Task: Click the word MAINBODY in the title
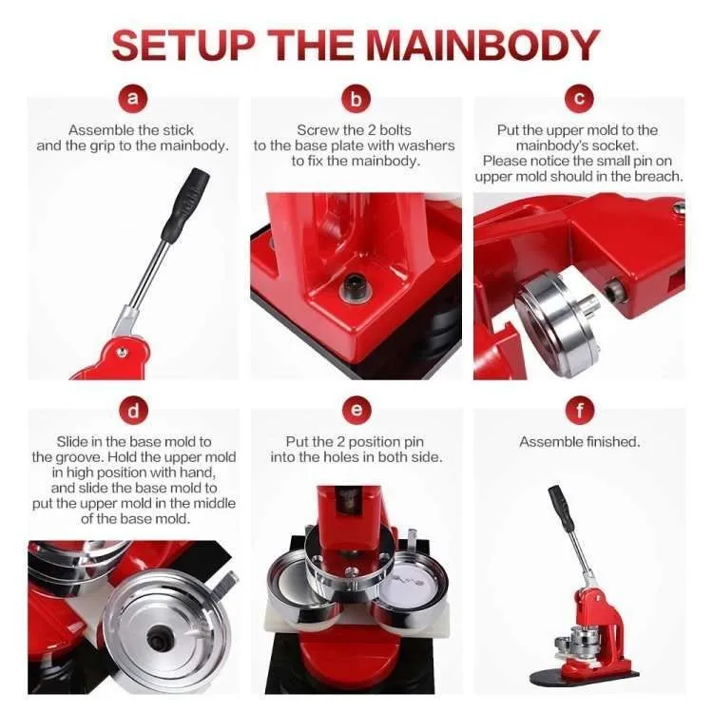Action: [x=483, y=45]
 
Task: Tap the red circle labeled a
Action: [x=132, y=98]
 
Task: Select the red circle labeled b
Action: [x=356, y=98]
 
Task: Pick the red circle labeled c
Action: [x=579, y=98]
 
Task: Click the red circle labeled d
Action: [x=133, y=411]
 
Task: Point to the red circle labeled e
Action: [x=356, y=410]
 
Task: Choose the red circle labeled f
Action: [x=579, y=411]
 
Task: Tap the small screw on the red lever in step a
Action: [x=122, y=351]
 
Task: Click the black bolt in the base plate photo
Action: [x=353, y=287]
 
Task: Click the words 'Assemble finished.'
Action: [x=579, y=441]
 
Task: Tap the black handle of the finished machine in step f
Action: [x=561, y=508]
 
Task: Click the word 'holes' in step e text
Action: [x=340, y=457]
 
